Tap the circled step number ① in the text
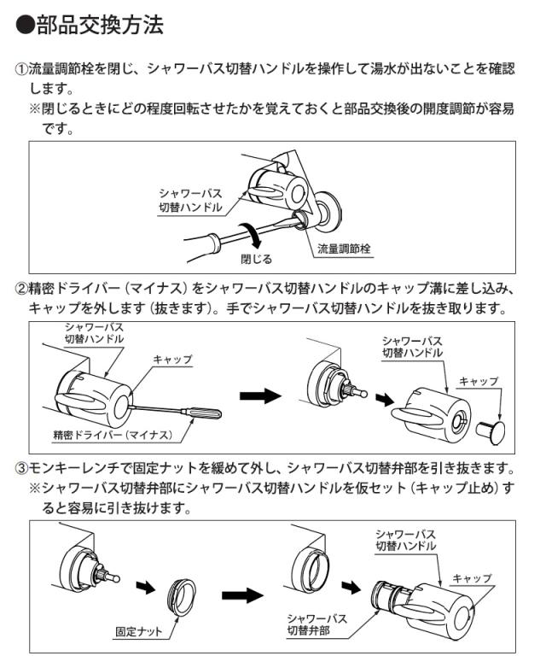click(22, 69)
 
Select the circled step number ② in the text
click(22, 288)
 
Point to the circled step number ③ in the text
click(22, 469)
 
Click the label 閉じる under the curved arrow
click(255, 258)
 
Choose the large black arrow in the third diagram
click(241, 592)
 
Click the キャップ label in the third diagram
click(473, 577)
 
